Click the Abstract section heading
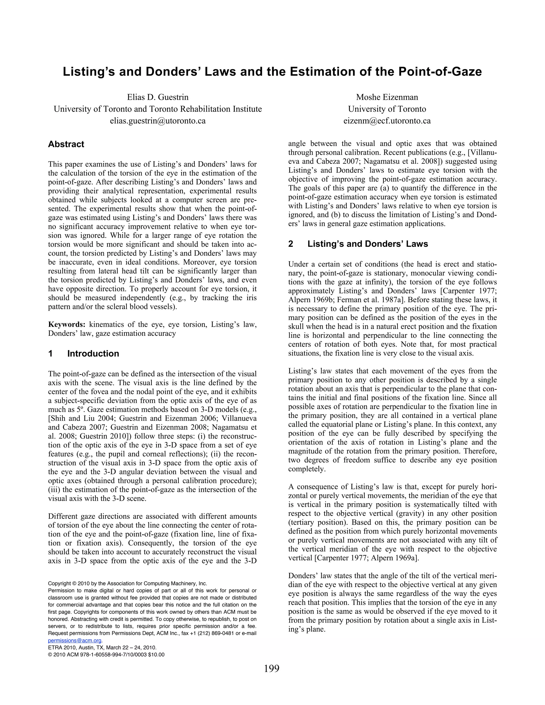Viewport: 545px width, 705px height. pos(66,144)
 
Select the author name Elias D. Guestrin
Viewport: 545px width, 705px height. pos(158,97)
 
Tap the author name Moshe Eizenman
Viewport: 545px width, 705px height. pos(387,97)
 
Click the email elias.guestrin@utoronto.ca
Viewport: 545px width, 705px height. pos(158,121)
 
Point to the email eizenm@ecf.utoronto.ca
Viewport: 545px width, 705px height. pos(387,121)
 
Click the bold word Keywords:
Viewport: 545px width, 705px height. pos(67,324)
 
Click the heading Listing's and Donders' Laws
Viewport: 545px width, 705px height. pos(368,244)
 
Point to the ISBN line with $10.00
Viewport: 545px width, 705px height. pos(106,655)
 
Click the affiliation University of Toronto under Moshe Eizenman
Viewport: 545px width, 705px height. pos(387,109)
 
